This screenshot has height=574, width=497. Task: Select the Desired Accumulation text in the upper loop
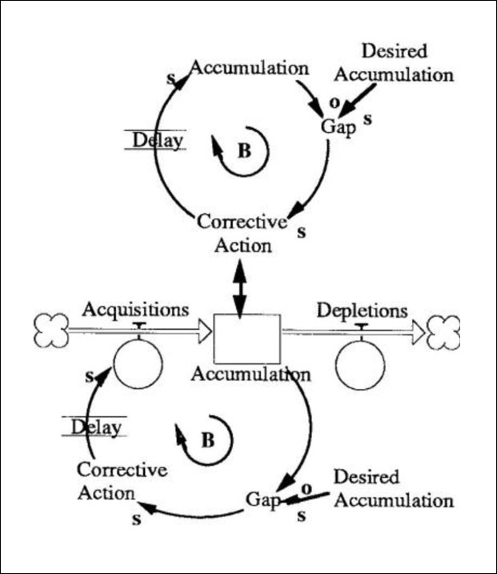point(394,63)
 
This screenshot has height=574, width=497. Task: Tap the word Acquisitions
point(136,309)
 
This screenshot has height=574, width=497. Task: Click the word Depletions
point(363,310)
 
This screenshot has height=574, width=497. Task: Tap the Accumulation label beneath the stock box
point(251,374)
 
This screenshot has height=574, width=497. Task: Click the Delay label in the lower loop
point(95,427)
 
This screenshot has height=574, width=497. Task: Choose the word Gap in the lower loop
point(261,500)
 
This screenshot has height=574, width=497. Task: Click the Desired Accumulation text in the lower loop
point(392,489)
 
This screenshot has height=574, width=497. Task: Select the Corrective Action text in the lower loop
point(122,480)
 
